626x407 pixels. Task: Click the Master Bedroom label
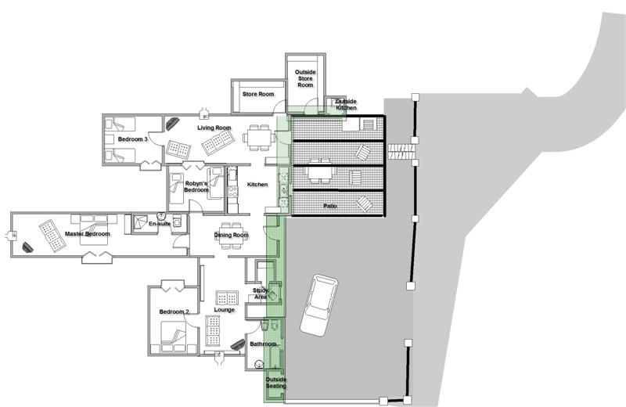[88, 234]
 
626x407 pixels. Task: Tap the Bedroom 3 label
[133, 139]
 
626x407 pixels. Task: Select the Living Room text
[214, 128]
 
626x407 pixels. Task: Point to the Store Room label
[258, 94]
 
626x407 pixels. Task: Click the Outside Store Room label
[305, 79]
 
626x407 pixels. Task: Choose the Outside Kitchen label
[346, 105]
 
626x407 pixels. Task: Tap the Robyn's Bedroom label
[196, 186]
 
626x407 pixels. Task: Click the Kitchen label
[257, 185]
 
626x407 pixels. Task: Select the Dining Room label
[231, 235]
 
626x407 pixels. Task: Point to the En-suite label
[160, 224]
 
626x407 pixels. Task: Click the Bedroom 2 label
[174, 312]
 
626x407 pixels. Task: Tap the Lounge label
[225, 309]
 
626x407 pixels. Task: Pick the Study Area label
[261, 294]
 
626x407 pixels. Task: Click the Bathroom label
[263, 344]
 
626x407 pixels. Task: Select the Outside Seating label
[276, 383]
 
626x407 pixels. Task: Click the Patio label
[329, 206]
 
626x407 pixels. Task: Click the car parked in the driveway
[319, 305]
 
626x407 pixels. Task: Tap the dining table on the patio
[319, 172]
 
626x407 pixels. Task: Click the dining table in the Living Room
[259, 138]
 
